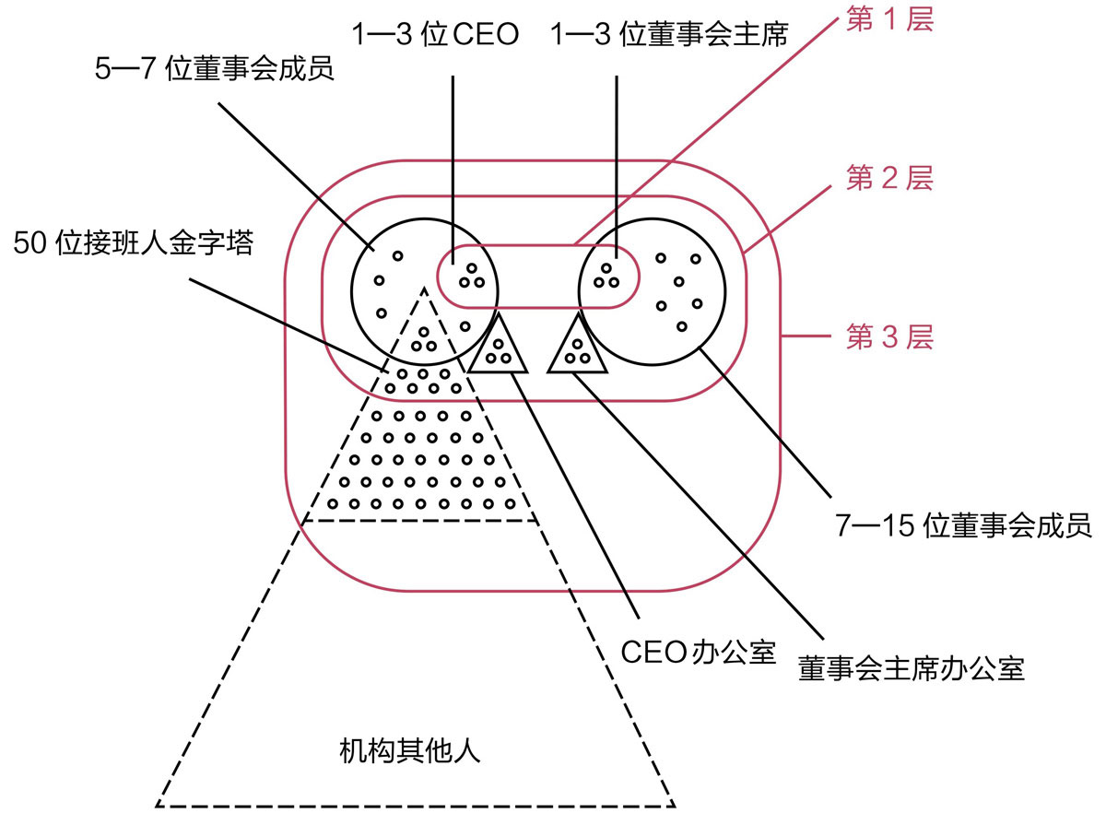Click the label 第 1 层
point(889,20)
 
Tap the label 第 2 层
point(889,179)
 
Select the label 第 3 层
point(889,337)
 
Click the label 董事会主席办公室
point(912,668)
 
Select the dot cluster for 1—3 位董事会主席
point(606,275)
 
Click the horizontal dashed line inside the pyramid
point(420,521)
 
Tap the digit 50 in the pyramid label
point(29,244)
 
